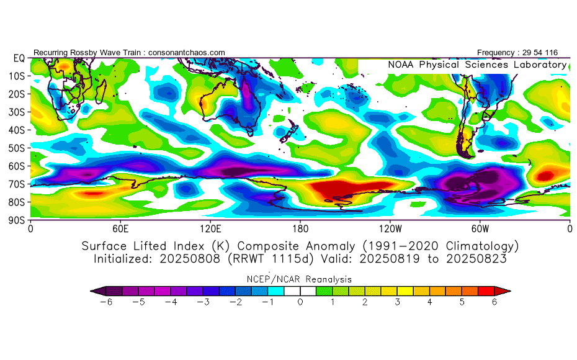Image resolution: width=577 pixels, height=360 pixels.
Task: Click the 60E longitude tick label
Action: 120,228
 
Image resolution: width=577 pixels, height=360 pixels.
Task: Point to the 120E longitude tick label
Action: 210,228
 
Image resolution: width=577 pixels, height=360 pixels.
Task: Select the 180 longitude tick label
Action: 300,228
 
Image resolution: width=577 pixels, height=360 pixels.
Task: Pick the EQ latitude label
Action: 19,58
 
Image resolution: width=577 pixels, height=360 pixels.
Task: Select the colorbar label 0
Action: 300,302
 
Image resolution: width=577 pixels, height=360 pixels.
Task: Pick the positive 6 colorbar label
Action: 494,302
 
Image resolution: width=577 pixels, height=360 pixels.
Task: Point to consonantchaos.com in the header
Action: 187,52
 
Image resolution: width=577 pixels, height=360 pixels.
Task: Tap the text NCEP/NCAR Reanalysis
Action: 300,279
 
